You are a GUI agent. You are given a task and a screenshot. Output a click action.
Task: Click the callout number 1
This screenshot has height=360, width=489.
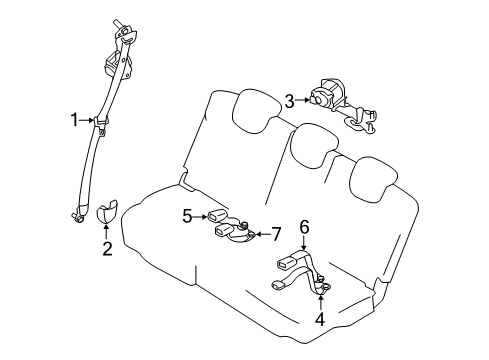click(73, 120)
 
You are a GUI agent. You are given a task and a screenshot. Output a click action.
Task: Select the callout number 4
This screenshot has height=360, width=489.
click(320, 321)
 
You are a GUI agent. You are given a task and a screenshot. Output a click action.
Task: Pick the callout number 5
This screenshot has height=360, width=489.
click(186, 213)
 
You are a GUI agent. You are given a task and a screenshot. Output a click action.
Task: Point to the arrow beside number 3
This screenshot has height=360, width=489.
click(303, 98)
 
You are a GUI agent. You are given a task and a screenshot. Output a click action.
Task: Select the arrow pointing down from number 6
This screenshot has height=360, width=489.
click(305, 245)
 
